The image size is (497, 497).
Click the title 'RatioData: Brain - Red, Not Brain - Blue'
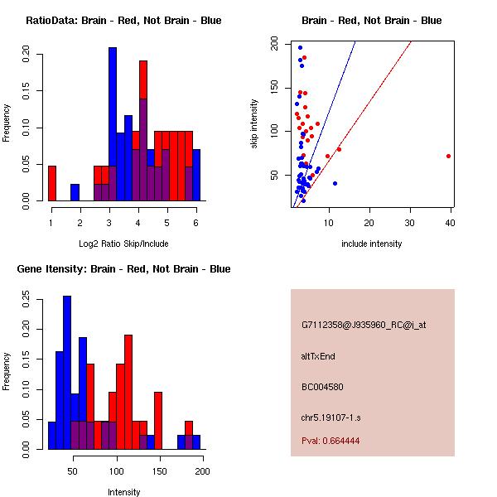[123, 20]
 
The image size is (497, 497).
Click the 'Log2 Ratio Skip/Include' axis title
[123, 243]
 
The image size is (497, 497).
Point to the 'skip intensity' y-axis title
[254, 124]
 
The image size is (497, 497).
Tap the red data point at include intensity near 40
[448, 156]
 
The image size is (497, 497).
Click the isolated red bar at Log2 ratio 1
[52, 183]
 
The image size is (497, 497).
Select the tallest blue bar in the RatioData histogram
[113, 124]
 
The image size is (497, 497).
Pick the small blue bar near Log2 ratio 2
[75, 192]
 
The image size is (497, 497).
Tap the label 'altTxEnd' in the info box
[318, 356]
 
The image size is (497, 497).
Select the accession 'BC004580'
[323, 387]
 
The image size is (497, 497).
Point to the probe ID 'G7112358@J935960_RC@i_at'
[364, 326]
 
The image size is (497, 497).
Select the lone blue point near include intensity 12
[335, 183]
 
